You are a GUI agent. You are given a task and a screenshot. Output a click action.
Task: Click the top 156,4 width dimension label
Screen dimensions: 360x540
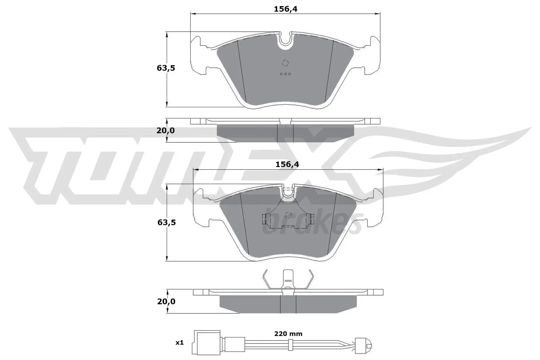[285, 9]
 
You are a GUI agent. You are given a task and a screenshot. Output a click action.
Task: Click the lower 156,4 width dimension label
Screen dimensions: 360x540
[287, 164]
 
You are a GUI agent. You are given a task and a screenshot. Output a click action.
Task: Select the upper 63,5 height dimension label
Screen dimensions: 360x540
[166, 68]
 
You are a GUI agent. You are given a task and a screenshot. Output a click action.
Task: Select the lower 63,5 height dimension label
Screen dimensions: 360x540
[166, 222]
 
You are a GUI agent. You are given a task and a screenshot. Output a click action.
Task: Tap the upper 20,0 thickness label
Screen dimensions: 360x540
[166, 130]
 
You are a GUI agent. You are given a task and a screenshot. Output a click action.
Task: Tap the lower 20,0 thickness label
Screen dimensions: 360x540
[166, 301]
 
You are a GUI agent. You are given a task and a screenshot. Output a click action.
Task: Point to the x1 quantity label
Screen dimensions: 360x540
[179, 343]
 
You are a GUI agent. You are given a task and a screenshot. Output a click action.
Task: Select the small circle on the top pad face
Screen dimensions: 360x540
[285, 63]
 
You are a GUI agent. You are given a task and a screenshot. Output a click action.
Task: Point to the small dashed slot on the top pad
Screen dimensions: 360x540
[286, 74]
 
